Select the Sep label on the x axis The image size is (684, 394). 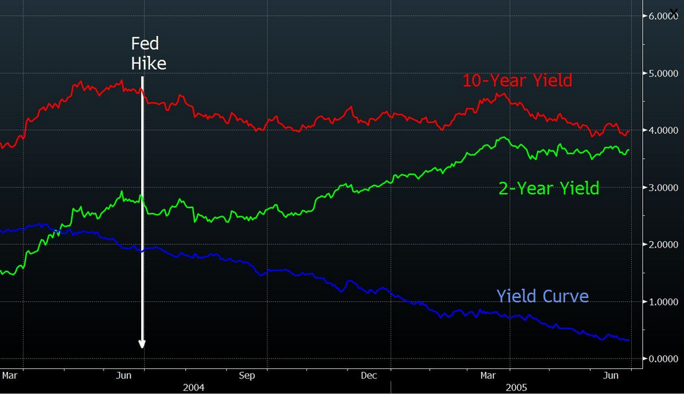pos(246,376)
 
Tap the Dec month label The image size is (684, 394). pos(368,376)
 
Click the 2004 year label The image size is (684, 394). pos(194,387)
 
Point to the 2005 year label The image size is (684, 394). pos(516,387)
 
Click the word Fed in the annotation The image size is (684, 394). pos(144,43)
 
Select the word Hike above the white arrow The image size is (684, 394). pos(148,64)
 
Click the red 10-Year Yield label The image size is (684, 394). pos(516,81)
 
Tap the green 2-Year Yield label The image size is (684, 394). pos(549,189)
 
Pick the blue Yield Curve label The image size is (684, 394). pos(542,296)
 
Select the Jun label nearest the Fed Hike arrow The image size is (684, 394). pos(124,376)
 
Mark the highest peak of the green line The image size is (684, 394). pos(503,137)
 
